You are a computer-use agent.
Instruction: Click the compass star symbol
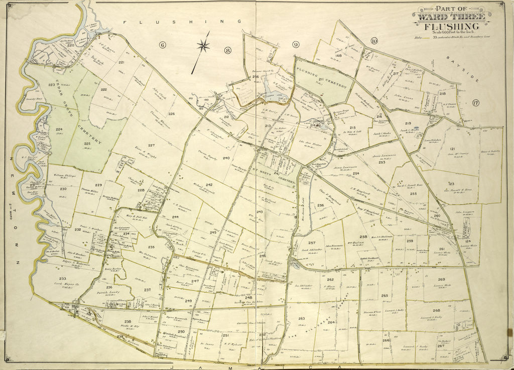point(203,46)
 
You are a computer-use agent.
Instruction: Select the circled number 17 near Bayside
point(475,104)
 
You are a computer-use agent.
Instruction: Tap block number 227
point(151,146)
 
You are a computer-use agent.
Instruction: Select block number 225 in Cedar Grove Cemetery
point(86,144)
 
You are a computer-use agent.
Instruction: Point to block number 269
point(441,280)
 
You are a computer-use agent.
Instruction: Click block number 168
point(338,56)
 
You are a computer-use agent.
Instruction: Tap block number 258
point(363,236)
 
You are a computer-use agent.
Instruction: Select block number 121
point(452,149)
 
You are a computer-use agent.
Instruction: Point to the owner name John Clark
point(159,93)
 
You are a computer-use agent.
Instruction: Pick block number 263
point(301,318)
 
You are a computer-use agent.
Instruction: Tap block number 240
point(226,158)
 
